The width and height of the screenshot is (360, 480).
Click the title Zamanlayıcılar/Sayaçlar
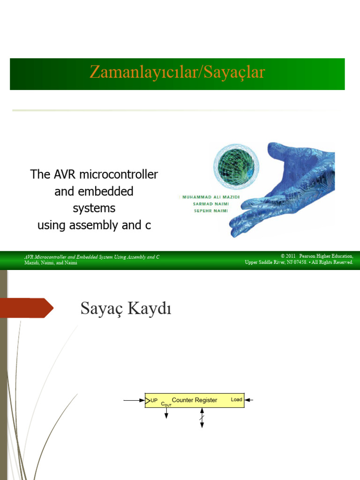[177, 73]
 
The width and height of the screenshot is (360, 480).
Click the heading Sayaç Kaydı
[126, 309]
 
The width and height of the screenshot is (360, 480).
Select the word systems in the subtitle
[94, 208]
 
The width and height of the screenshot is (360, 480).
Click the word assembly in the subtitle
[94, 225]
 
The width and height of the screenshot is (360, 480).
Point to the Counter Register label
[195, 400]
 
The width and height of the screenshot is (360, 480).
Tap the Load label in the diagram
[237, 400]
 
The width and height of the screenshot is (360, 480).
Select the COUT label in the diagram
[166, 404]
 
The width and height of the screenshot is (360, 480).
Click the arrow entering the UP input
[134, 400]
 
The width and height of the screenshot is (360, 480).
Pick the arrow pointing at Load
[249, 400]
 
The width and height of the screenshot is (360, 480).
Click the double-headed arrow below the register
[202, 417]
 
